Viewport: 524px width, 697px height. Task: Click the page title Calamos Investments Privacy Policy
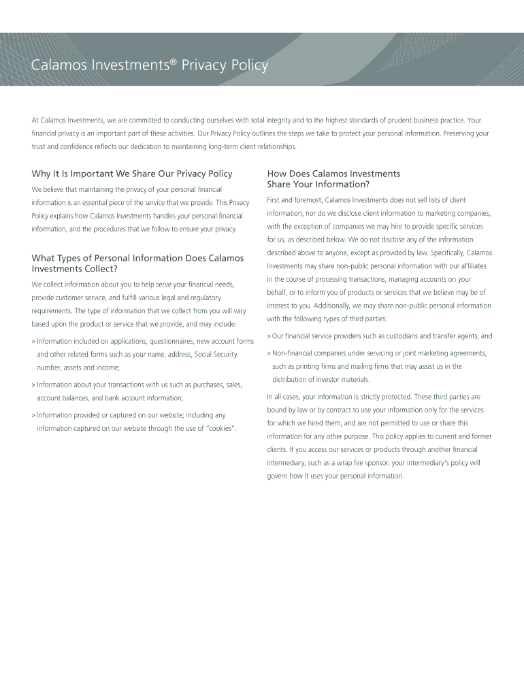click(150, 65)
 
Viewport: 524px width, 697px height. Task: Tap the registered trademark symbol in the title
click(173, 61)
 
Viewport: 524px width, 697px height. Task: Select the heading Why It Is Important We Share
click(132, 174)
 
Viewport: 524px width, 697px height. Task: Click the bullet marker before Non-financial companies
click(269, 353)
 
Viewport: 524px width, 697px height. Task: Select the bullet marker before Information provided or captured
click(33, 415)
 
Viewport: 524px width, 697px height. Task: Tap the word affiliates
click(474, 266)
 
